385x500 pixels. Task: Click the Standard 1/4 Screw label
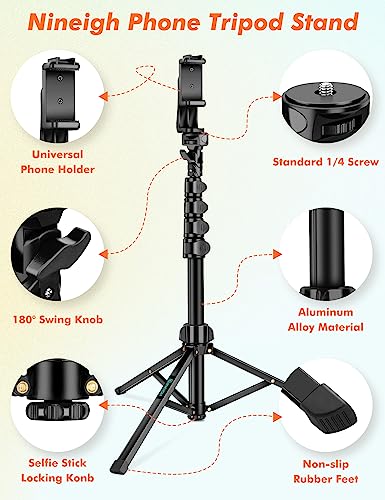tap(325, 161)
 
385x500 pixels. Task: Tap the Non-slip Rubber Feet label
tap(327, 470)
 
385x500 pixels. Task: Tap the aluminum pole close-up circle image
tap(325, 250)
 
